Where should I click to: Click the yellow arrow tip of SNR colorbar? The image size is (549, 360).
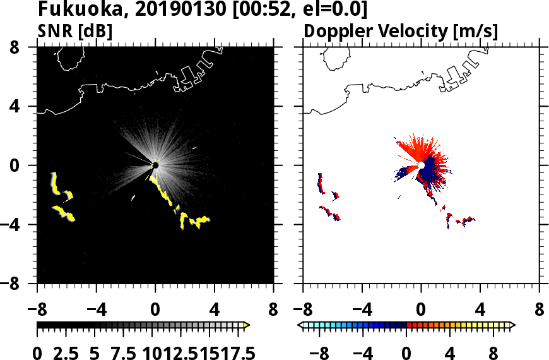pyautogui.click(x=247, y=325)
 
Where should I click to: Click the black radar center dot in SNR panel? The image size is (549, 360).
pyautogui.click(x=155, y=165)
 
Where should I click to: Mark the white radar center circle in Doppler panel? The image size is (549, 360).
pyautogui.click(x=422, y=165)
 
